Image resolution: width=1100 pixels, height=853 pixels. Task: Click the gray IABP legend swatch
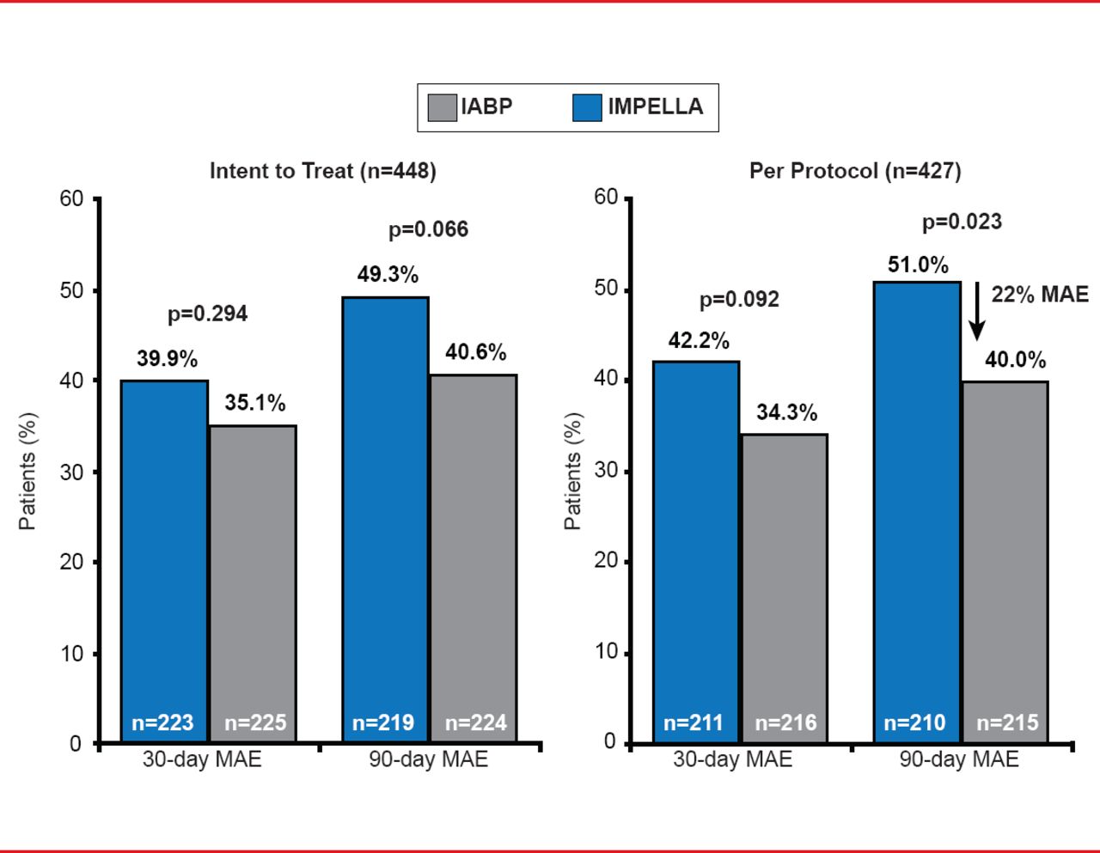pyautogui.click(x=442, y=107)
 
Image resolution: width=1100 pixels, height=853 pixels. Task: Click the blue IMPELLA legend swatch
pyautogui.click(x=587, y=107)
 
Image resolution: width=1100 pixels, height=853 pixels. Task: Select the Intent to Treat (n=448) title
pyautogui.click(x=323, y=171)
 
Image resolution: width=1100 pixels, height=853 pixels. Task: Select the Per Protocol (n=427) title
pyautogui.click(x=855, y=171)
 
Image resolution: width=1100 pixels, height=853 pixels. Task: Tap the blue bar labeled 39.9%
pyautogui.click(x=164, y=558)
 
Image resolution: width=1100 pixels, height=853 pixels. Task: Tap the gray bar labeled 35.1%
pyautogui.click(x=253, y=584)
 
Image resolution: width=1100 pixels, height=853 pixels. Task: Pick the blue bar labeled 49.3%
pyautogui.click(x=385, y=515)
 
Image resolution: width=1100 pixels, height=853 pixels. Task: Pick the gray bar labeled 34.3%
pyautogui.click(x=784, y=588)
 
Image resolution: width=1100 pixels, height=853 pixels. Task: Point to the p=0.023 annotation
pyautogui.click(x=962, y=222)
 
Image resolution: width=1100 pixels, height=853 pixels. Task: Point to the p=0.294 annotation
pyautogui.click(x=207, y=314)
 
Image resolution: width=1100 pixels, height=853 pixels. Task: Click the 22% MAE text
pyautogui.click(x=1040, y=295)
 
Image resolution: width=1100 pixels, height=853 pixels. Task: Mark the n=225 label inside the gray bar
pyautogui.click(x=255, y=723)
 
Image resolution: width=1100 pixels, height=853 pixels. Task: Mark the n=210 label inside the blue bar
pyautogui.click(x=914, y=723)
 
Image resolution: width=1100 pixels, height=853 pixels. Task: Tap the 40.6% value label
pyautogui.click(x=475, y=352)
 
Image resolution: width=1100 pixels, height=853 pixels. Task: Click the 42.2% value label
pyautogui.click(x=699, y=341)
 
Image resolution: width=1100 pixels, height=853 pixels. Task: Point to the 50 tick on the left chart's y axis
pyautogui.click(x=72, y=290)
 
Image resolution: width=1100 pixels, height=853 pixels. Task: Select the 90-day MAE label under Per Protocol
pyautogui.click(x=959, y=759)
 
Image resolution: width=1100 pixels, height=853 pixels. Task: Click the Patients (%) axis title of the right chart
pyautogui.click(x=573, y=471)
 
